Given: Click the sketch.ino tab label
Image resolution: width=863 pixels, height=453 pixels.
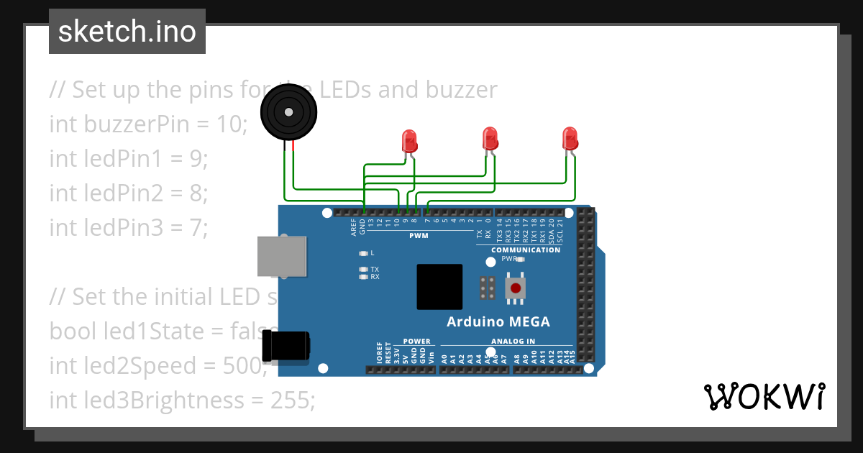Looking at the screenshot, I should point(127,32).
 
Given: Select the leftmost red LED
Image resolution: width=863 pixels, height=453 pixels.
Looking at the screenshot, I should point(409,139).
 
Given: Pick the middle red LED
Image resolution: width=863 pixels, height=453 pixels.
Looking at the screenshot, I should point(490,138).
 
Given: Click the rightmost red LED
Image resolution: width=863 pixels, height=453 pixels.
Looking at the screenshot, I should point(570,138).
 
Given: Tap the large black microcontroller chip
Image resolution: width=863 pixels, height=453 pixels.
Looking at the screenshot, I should point(439,287).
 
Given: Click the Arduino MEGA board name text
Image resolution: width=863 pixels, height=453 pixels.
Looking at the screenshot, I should point(498,321).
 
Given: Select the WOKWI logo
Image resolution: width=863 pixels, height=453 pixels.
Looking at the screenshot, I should point(764,396).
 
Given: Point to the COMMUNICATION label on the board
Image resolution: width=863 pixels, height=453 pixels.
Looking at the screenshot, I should point(525,250).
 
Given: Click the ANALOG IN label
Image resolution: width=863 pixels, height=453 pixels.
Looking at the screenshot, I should point(513,342).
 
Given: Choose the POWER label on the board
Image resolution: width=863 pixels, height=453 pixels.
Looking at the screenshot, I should point(416,342).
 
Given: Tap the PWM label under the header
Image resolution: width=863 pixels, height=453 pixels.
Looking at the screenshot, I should point(419,236).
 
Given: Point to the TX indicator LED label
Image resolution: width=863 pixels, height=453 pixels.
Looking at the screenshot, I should point(375,269).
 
